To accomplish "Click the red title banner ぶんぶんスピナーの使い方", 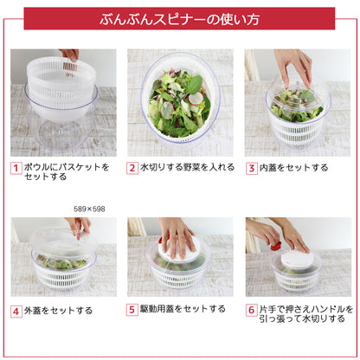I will [x=179, y=18].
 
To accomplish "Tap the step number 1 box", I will [x=16, y=169].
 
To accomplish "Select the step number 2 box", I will [x=132, y=169].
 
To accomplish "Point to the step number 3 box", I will [x=251, y=169].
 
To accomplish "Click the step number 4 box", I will [x=16, y=310].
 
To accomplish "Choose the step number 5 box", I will [x=132, y=309].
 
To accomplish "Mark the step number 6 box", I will [x=251, y=309].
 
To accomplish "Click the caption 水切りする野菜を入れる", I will [x=183, y=169].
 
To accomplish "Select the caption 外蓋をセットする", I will [x=58, y=310].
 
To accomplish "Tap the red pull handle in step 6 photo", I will [x=276, y=246].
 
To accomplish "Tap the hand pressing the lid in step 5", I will [x=178, y=236].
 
